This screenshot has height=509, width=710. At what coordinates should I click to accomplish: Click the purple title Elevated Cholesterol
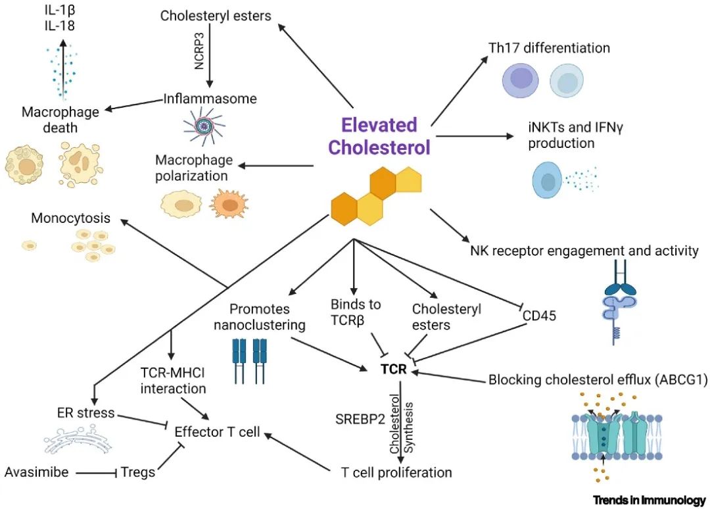pyautogui.click(x=379, y=136)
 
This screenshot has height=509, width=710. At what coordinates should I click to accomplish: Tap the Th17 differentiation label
pyautogui.click(x=549, y=48)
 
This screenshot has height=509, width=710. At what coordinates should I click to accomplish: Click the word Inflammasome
pyautogui.click(x=210, y=99)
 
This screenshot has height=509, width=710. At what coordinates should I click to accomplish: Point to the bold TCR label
pyautogui.click(x=394, y=370)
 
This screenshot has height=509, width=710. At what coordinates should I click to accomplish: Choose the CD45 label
pyautogui.click(x=540, y=316)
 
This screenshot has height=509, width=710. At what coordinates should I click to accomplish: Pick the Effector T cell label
pyautogui.click(x=217, y=432)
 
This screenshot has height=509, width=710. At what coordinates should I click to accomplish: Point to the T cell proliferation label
pyautogui.click(x=396, y=472)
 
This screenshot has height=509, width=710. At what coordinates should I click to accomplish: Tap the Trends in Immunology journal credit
pyautogui.click(x=650, y=500)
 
